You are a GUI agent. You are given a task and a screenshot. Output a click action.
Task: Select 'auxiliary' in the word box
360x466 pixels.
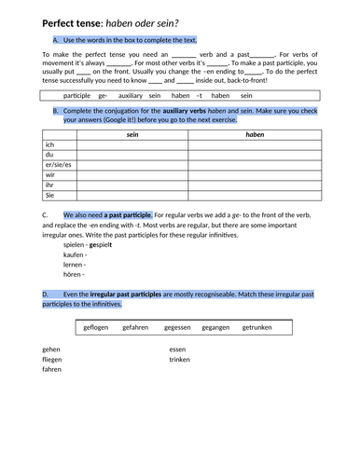pos(132,95)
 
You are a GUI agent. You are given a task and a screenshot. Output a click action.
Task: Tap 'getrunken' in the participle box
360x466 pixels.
pos(260,327)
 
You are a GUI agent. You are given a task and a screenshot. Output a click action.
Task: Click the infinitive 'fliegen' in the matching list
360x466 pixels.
pos(52,359)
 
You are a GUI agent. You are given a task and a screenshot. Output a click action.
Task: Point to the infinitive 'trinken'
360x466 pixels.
pos(179,359)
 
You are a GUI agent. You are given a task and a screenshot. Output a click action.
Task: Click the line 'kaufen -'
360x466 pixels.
pos(74,254)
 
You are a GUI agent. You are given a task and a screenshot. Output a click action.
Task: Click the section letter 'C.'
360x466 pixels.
pos(46,214)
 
